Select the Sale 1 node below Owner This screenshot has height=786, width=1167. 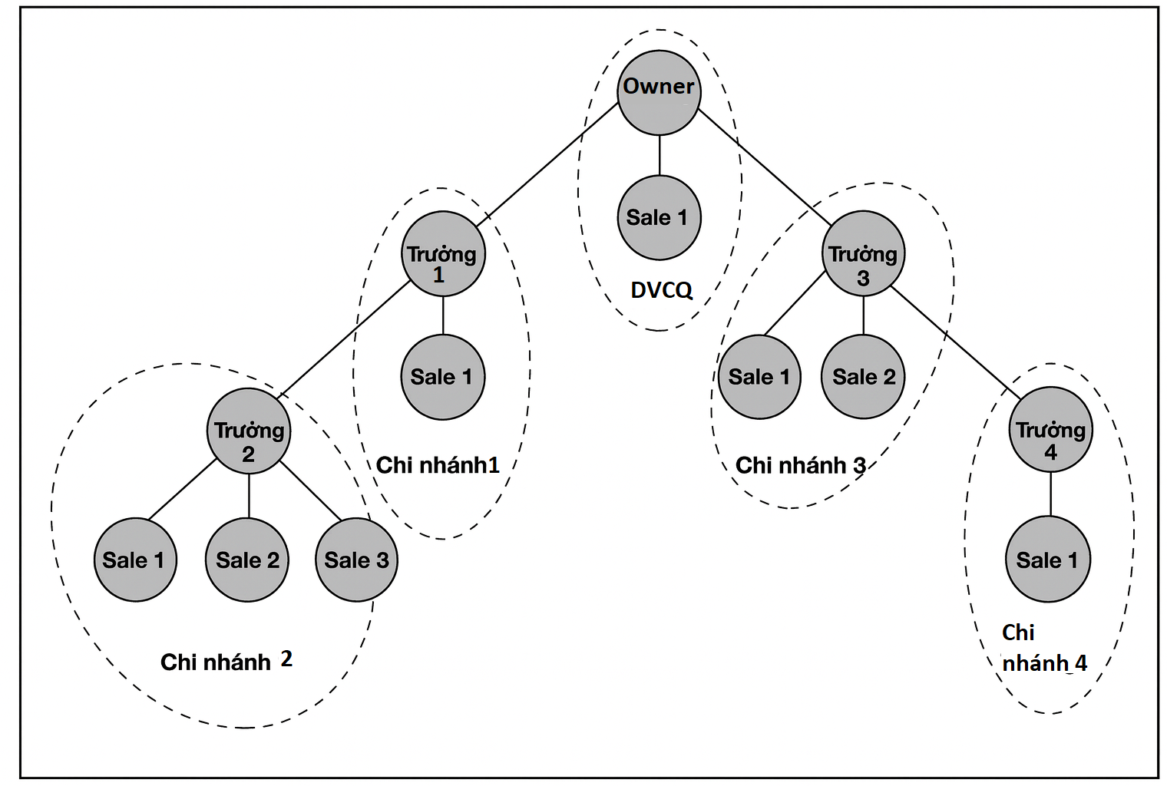pyautogui.click(x=659, y=218)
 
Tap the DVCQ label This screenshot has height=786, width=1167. pyautogui.click(x=661, y=290)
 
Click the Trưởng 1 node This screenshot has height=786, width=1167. pyautogui.click(x=443, y=254)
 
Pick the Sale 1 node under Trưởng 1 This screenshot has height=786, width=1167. pyautogui.click(x=442, y=377)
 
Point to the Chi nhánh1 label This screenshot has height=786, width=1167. pyautogui.click(x=438, y=465)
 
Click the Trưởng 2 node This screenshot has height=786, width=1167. pyautogui.click(x=249, y=431)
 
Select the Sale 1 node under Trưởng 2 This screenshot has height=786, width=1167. pyautogui.click(x=134, y=560)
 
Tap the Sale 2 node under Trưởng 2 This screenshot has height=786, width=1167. pyautogui.click(x=247, y=560)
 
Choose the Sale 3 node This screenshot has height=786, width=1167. pyautogui.click(x=356, y=560)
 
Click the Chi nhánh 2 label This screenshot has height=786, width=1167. pyautogui.click(x=226, y=662)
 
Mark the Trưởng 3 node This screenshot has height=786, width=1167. pyautogui.click(x=863, y=254)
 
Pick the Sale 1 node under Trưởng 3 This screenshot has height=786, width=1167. pyautogui.click(x=759, y=377)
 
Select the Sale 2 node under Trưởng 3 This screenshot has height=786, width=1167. pyautogui.click(x=863, y=377)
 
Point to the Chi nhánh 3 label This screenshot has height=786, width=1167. pyautogui.click(x=800, y=465)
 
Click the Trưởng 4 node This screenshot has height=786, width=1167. pyautogui.click(x=1050, y=430)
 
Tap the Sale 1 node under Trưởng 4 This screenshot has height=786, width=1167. pyautogui.click(x=1047, y=560)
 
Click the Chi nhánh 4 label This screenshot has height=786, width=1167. pyautogui.click(x=1043, y=649)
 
